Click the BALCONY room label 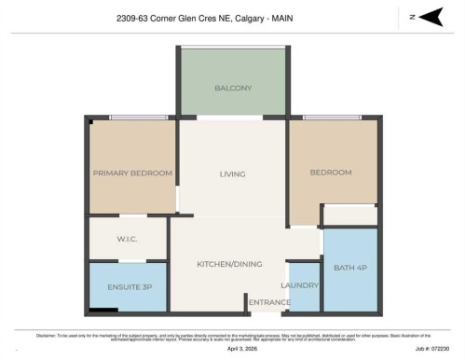click(233, 89)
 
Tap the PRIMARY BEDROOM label click(132, 173)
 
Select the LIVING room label click(232, 173)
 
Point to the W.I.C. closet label click(129, 239)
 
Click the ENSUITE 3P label click(129, 285)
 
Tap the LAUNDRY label click(300, 284)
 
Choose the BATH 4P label click(350, 269)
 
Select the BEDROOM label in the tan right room click(331, 173)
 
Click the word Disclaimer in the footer click(48, 333)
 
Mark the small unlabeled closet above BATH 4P click(349, 215)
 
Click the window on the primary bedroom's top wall click(132, 118)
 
